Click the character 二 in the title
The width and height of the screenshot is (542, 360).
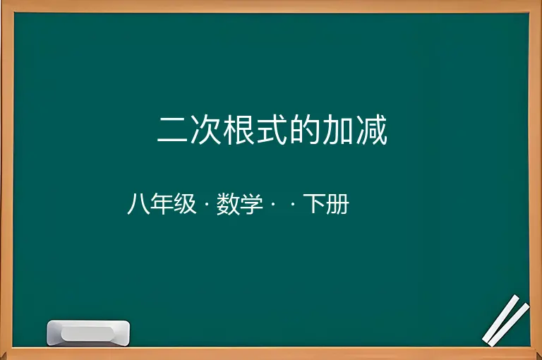[x=172, y=131]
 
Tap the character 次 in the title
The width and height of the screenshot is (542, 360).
[x=206, y=130]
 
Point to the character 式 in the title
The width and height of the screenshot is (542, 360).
[x=272, y=130]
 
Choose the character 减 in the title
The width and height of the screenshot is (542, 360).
[x=372, y=130]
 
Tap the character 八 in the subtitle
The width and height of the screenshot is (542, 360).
[x=138, y=204]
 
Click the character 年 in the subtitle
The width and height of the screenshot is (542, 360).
[x=162, y=204]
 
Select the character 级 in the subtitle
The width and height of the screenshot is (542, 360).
[x=185, y=204]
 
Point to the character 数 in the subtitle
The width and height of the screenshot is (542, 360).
[x=228, y=204]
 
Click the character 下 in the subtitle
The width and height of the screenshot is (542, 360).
[x=314, y=204]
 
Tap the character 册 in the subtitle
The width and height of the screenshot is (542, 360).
[x=337, y=204]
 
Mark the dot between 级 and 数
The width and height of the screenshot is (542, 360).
[x=207, y=204]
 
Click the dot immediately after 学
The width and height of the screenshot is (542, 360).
[x=272, y=204]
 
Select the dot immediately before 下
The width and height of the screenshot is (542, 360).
[x=293, y=204]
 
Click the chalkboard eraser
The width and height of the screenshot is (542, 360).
[x=88, y=332]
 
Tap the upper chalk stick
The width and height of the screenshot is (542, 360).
[x=501, y=318]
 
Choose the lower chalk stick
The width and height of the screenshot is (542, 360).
[x=508, y=325]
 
